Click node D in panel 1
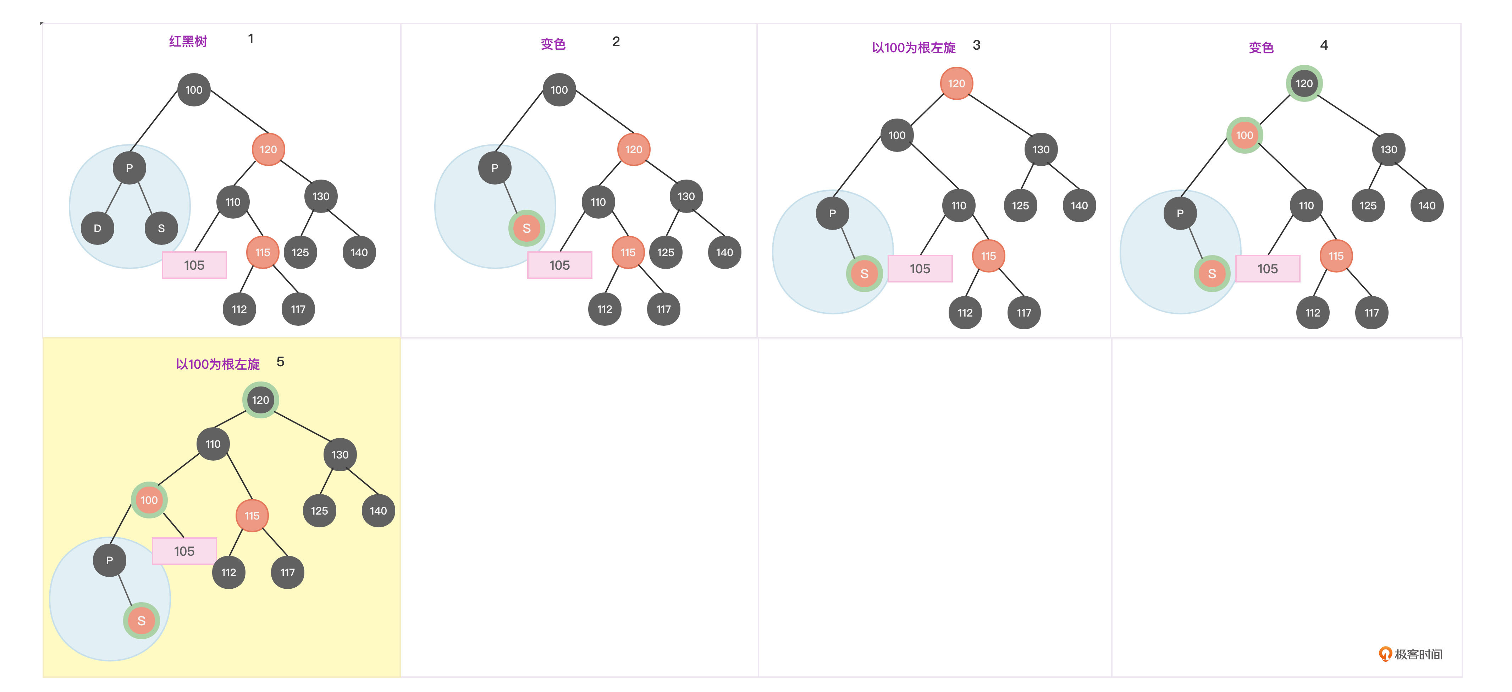click(x=98, y=228)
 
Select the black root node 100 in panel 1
click(x=194, y=90)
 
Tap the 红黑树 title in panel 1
click(x=188, y=41)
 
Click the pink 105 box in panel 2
click(x=559, y=265)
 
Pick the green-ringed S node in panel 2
click(x=526, y=228)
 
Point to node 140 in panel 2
click(x=724, y=252)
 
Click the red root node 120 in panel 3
click(x=956, y=83)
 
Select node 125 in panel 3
click(x=1020, y=205)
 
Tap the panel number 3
click(x=976, y=45)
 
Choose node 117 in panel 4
click(x=1371, y=313)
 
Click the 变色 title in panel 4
click(x=1261, y=48)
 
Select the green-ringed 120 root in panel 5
click(x=261, y=400)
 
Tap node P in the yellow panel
click(x=109, y=561)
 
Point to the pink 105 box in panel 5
click(x=184, y=551)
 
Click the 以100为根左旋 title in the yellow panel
click(x=218, y=364)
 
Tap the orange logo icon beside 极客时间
click(x=1385, y=654)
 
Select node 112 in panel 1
click(x=239, y=309)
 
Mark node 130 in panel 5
click(x=340, y=454)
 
